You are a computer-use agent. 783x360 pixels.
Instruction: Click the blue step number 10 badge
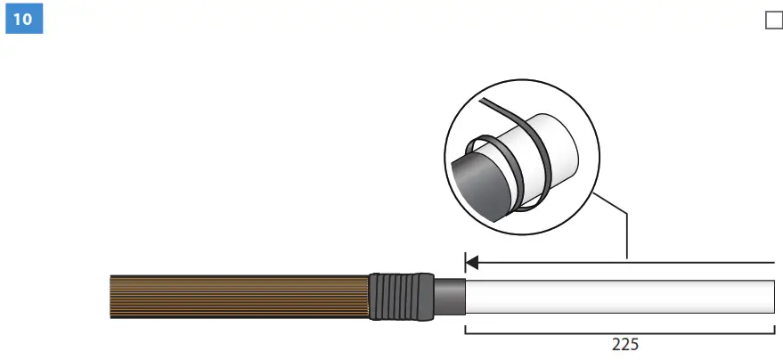pyautogui.click(x=24, y=20)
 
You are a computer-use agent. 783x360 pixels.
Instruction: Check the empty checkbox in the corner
pyautogui.click(x=773, y=20)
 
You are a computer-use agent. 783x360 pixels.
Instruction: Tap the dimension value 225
pyautogui.click(x=624, y=344)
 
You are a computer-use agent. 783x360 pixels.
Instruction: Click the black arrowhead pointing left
pyautogui.click(x=473, y=262)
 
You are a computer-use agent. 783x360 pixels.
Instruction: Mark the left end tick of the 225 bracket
pyautogui.click(x=466, y=331)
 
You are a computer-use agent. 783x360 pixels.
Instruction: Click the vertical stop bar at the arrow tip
pyautogui.click(x=465, y=262)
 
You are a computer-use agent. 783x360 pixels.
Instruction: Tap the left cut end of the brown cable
pyautogui.click(x=111, y=297)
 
